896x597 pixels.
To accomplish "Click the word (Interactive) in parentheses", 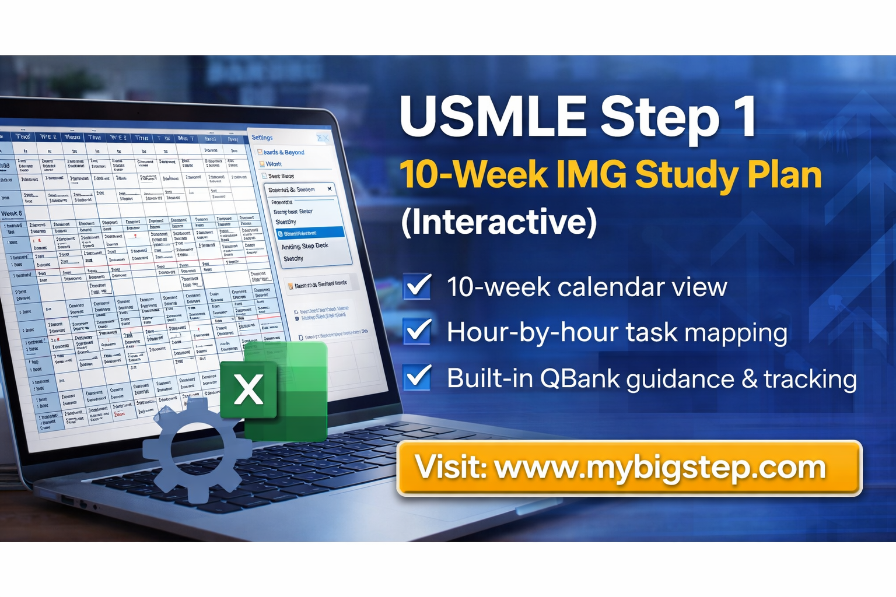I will point(499,222).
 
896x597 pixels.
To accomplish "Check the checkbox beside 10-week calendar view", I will point(418,286).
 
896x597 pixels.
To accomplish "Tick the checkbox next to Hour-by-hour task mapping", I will point(418,332).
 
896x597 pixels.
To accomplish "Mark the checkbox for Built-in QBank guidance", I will point(418,378).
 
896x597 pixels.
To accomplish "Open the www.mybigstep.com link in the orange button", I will point(660,468).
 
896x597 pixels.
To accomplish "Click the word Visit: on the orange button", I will point(450,468).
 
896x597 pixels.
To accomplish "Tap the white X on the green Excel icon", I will point(249,389).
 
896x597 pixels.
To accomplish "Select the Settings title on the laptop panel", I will point(262,138).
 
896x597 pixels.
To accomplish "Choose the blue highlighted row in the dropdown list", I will point(310,233).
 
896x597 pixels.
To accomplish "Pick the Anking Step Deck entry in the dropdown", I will point(304,246).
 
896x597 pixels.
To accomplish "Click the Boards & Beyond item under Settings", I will point(284,152).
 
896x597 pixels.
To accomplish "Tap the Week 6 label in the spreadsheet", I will point(12,213).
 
